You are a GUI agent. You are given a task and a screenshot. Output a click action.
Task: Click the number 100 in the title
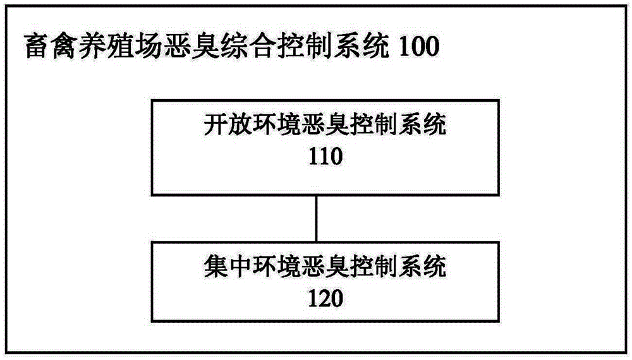point(418,46)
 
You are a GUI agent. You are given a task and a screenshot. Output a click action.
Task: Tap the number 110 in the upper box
point(325,156)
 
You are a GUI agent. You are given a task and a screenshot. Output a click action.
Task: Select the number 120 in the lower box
point(325,298)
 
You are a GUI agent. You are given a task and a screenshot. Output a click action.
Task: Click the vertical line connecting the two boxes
point(317,219)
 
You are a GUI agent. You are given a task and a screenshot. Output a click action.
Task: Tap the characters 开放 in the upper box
point(228,124)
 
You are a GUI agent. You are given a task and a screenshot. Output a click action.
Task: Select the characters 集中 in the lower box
point(228,267)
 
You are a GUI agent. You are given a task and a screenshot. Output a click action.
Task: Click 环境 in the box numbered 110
point(277,124)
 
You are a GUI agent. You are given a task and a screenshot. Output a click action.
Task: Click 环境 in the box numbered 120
point(277,267)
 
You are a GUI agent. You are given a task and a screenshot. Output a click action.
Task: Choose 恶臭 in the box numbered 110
point(325,124)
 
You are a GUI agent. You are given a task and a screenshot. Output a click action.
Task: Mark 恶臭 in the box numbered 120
point(325,267)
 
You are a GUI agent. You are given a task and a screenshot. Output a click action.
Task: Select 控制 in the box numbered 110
point(374,124)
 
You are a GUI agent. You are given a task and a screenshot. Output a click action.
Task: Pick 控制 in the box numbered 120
point(374,267)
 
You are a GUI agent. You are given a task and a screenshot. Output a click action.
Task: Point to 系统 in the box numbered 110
point(423,124)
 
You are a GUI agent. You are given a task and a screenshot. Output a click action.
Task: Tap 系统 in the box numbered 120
point(423,267)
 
